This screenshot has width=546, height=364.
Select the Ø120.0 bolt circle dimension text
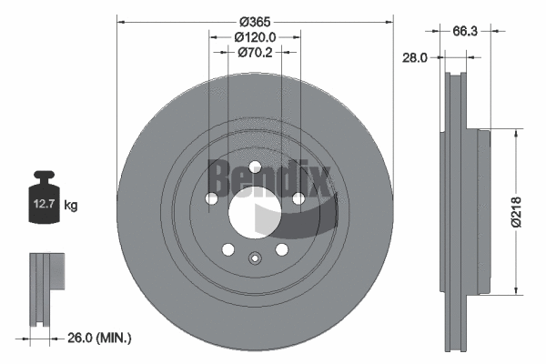point(255,37)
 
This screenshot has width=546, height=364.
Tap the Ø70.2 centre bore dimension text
point(256,53)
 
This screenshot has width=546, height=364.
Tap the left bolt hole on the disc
point(212,199)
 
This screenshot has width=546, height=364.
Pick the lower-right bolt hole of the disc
point(281,249)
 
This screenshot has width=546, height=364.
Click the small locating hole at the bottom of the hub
point(255,258)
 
